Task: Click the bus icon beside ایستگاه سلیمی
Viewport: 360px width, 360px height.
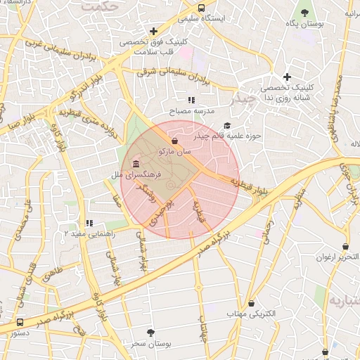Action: pos(202,8)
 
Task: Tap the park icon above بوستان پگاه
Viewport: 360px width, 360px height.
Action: pos(304,12)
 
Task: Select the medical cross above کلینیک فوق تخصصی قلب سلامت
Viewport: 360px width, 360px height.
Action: pos(153,31)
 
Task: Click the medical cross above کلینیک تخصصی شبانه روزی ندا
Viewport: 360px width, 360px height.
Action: pos(287,77)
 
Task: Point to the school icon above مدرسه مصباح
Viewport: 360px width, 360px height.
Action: pos(191,101)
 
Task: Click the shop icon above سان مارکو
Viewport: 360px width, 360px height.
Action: pos(174,141)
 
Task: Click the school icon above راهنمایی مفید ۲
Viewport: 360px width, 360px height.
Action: pos(89,223)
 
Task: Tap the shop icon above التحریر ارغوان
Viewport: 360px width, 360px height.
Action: pos(346,247)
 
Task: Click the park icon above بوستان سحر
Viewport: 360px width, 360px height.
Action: pos(150,333)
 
